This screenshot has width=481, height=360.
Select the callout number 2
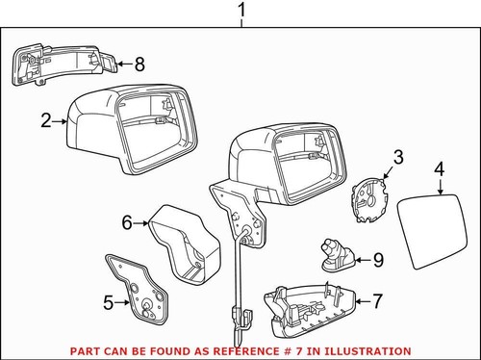click(x=45, y=121)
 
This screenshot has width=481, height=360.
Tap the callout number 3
click(x=397, y=156)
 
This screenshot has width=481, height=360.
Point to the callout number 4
click(x=439, y=170)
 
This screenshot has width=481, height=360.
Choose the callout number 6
click(x=126, y=222)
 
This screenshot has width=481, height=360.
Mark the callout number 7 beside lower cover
click(x=378, y=301)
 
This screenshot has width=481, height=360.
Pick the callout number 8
click(x=139, y=64)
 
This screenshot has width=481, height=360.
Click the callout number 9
click(x=377, y=259)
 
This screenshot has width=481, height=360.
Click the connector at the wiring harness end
click(x=239, y=315)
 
